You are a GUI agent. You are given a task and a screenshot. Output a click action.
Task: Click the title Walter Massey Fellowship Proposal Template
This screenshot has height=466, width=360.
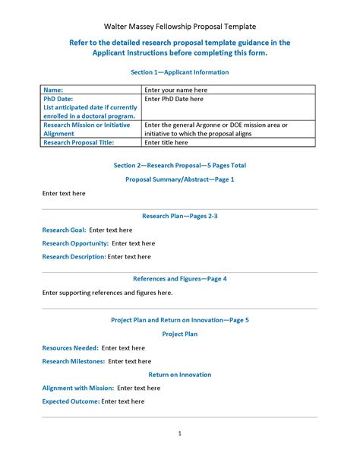pos(180,27)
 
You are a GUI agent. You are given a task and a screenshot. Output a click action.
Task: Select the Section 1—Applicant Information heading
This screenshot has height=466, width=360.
pos(180,72)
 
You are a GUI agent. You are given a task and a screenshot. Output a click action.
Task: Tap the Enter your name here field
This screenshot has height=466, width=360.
pos(176,90)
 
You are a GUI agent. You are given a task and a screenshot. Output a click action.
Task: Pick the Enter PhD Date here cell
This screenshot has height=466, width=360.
pos(174,99)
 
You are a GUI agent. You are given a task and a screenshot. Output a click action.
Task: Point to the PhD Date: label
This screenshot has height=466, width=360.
pos(62,99)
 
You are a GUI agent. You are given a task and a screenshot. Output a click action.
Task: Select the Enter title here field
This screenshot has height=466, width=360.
pos(166,142)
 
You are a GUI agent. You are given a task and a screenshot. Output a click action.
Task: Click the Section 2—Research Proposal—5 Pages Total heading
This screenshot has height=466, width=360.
pos(180,165)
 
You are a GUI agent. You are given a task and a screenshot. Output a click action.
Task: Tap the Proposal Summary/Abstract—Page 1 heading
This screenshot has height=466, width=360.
pos(180,179)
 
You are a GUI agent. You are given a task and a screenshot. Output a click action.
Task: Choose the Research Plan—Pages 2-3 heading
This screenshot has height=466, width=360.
pos(180,216)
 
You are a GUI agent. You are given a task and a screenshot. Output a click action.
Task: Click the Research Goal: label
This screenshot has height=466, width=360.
pos(64,230)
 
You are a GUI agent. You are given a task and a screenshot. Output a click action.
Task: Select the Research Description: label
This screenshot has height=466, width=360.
pos(74,257)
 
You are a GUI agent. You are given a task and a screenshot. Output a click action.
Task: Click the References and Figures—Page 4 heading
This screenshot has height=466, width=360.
pos(180,278)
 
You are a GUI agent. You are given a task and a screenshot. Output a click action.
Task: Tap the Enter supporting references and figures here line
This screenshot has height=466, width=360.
pos(107,292)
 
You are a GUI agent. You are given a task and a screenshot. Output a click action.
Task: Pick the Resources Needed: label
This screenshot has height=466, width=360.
pos(70,347)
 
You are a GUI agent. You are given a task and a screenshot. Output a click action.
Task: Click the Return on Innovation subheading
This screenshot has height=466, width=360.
pos(180,374)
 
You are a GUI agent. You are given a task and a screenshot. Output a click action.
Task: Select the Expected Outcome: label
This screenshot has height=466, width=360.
pos(71,401)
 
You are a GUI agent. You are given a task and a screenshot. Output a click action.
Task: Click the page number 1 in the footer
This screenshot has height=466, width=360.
pos(180,433)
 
